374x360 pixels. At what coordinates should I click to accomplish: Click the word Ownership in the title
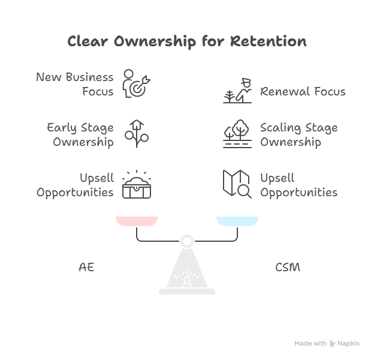(156, 41)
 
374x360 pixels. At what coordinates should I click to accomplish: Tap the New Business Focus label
(75, 84)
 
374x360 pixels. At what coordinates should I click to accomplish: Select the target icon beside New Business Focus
(135, 84)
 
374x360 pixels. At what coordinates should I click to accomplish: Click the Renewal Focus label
(303, 92)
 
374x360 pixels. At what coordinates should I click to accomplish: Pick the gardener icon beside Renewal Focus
(237, 91)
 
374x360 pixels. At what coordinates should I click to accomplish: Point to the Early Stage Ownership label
(80, 134)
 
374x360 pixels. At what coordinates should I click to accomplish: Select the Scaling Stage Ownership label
(298, 134)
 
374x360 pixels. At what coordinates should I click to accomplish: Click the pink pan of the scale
(137, 221)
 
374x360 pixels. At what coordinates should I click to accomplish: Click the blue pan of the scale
(237, 221)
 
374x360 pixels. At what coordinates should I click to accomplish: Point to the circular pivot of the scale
(187, 241)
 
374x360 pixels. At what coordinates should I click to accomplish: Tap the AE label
(86, 267)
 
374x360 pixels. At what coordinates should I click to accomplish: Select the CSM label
(288, 267)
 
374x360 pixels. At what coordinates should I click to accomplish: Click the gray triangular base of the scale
(187, 273)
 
